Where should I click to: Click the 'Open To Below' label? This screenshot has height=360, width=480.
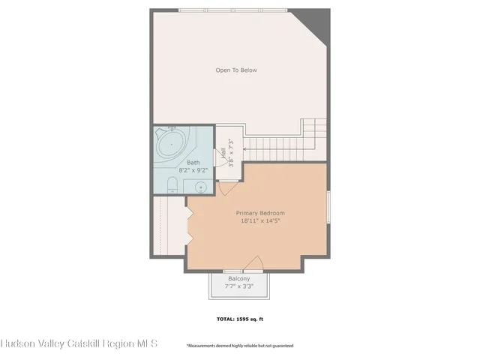coord(236,70)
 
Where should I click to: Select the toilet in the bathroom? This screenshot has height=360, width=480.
coord(172,185)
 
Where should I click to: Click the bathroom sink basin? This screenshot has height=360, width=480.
coord(200,187)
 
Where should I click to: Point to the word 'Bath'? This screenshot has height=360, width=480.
coord(193,163)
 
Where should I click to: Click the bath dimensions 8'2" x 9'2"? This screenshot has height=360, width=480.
coord(193,170)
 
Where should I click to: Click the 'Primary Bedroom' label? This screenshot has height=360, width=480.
coord(260,213)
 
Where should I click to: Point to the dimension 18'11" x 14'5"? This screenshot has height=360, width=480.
coord(260,221)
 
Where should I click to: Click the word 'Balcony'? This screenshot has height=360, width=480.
coord(239,279)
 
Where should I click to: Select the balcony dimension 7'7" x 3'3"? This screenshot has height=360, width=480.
coord(239,286)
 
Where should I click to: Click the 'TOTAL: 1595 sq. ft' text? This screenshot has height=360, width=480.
coord(240,319)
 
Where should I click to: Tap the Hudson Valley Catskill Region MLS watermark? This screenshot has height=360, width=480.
coord(79,343)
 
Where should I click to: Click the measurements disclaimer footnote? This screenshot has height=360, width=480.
coord(240,346)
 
